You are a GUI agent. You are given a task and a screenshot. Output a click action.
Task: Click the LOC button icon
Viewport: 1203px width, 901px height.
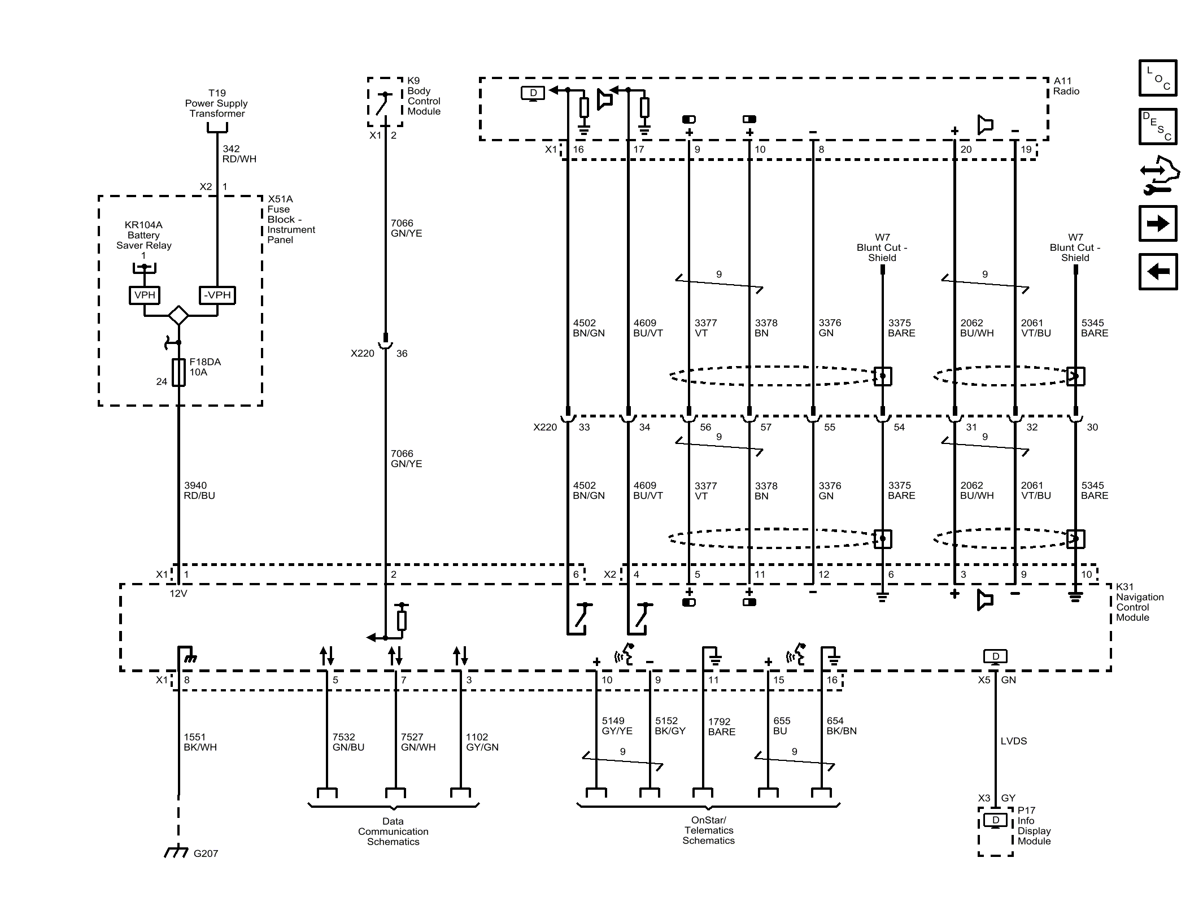pos(1157,78)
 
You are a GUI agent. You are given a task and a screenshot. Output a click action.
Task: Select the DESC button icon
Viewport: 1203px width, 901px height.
pos(1157,127)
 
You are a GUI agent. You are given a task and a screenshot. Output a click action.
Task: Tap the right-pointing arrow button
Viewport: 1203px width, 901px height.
pos(1157,224)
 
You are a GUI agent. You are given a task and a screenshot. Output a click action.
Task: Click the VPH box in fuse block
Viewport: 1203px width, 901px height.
pos(145,295)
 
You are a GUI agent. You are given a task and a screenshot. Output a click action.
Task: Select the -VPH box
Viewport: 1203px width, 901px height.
pos(217,295)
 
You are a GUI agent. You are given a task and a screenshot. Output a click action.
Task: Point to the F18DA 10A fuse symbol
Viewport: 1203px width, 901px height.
pos(178,372)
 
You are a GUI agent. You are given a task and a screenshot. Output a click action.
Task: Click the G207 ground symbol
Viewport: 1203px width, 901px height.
pos(176,852)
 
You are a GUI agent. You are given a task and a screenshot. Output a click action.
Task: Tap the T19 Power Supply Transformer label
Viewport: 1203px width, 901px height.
pos(216,103)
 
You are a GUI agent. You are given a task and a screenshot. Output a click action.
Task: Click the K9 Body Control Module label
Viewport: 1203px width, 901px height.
pos(424,96)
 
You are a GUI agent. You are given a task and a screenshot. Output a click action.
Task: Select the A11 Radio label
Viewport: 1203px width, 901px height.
pos(1066,86)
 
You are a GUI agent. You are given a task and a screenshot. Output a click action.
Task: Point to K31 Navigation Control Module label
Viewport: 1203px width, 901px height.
pos(1139,602)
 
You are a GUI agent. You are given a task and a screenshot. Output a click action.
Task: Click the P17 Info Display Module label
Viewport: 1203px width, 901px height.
pos(1034,825)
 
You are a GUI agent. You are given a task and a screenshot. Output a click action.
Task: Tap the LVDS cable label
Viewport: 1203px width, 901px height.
pos(1013,741)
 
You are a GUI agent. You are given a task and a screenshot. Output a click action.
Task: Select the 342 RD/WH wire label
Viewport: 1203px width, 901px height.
pos(239,154)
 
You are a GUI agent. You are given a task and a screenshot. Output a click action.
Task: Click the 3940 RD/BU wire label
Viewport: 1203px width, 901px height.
pos(199,490)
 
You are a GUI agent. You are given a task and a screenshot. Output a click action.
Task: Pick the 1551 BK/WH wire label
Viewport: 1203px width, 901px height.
pos(200,742)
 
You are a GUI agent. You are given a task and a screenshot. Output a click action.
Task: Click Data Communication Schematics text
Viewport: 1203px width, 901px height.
pos(393,831)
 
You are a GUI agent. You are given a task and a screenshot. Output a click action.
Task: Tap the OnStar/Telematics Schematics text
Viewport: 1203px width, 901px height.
pos(708,830)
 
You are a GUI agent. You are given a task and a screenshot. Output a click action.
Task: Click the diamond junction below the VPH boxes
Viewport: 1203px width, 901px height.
pos(178,315)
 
